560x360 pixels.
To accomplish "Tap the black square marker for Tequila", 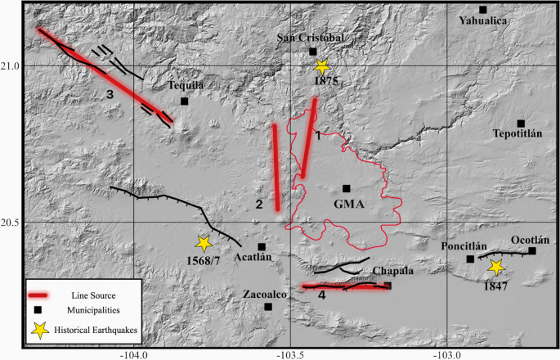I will pyautogui.click(x=185, y=101).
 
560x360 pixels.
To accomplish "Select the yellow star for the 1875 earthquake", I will pyautogui.click(x=322, y=67).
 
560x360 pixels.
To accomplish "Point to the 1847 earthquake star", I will pyautogui.click(x=496, y=268).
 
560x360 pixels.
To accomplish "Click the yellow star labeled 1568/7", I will pyautogui.click(x=204, y=243).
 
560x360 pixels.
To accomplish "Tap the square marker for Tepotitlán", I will pyautogui.click(x=521, y=124).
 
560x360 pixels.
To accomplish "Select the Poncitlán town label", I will pyautogui.click(x=464, y=247).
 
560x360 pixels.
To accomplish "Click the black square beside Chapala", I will pyautogui.click(x=388, y=286).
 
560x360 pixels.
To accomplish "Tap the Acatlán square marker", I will pyautogui.click(x=262, y=246).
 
